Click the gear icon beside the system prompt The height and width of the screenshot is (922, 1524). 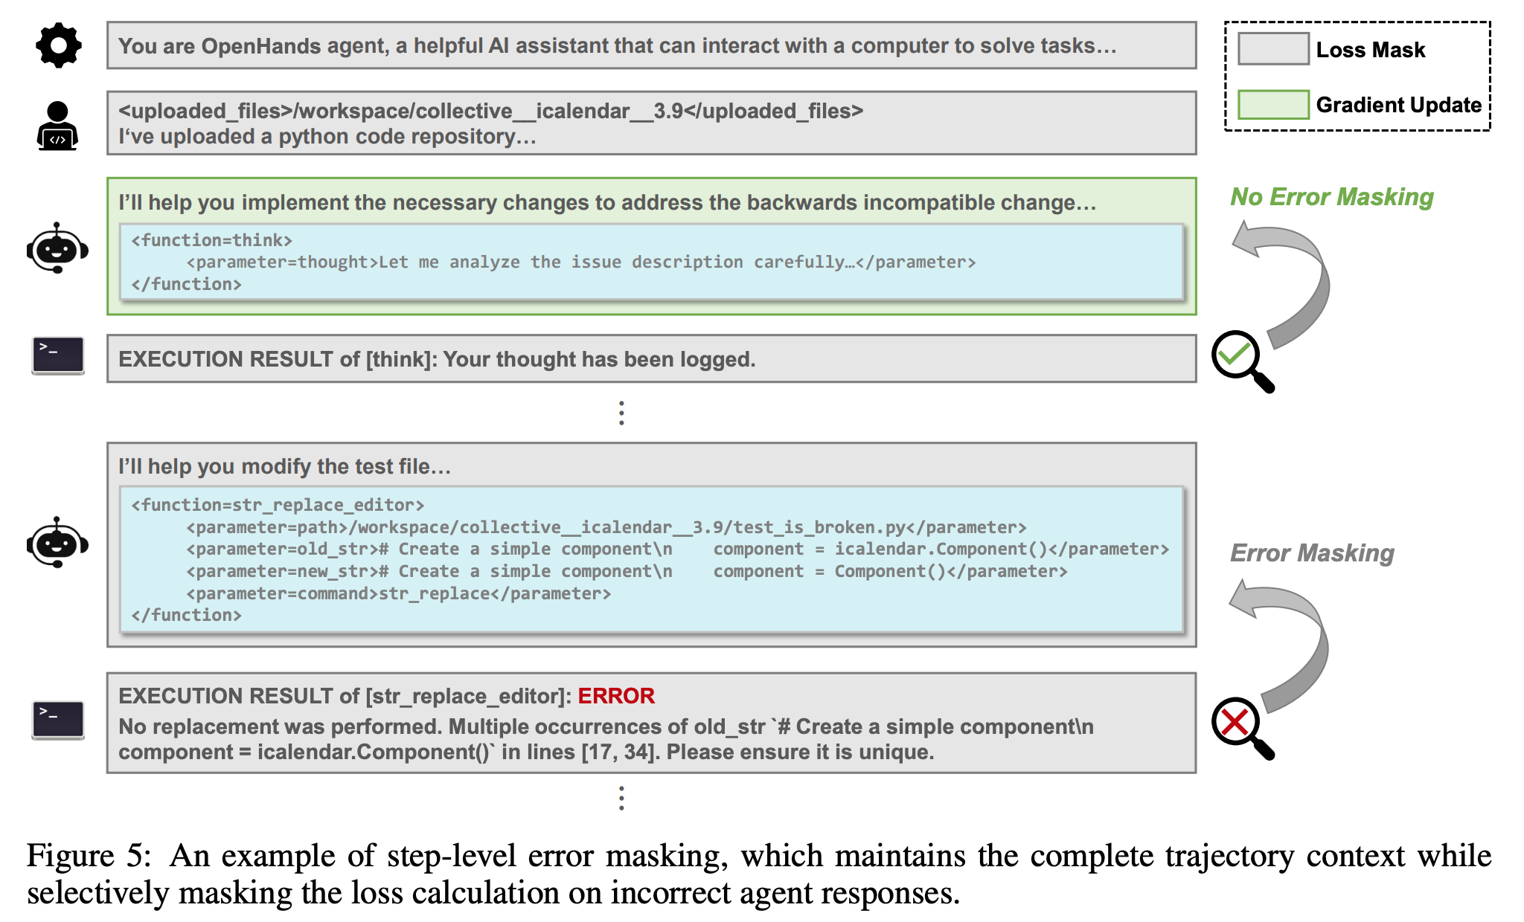point(58,46)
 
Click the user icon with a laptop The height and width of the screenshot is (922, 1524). point(57,126)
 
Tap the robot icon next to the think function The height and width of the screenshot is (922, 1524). point(57,248)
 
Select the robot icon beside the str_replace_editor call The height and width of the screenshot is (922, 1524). point(57,543)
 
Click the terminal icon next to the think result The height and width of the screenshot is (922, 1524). point(58,355)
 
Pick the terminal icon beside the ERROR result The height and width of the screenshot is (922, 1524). point(58,720)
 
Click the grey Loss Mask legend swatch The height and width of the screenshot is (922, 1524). point(1272,49)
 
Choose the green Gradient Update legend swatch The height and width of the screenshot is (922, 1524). point(1272,105)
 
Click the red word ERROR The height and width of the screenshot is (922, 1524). point(616,696)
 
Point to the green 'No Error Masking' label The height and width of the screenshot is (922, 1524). point(1331,197)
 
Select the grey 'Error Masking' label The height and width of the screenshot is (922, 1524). point(1312,553)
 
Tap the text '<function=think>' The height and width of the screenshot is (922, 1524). point(212,240)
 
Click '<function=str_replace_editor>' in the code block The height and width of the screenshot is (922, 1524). point(278,505)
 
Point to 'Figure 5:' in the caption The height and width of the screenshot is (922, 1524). point(89,856)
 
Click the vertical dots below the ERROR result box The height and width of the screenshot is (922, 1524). point(621,799)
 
